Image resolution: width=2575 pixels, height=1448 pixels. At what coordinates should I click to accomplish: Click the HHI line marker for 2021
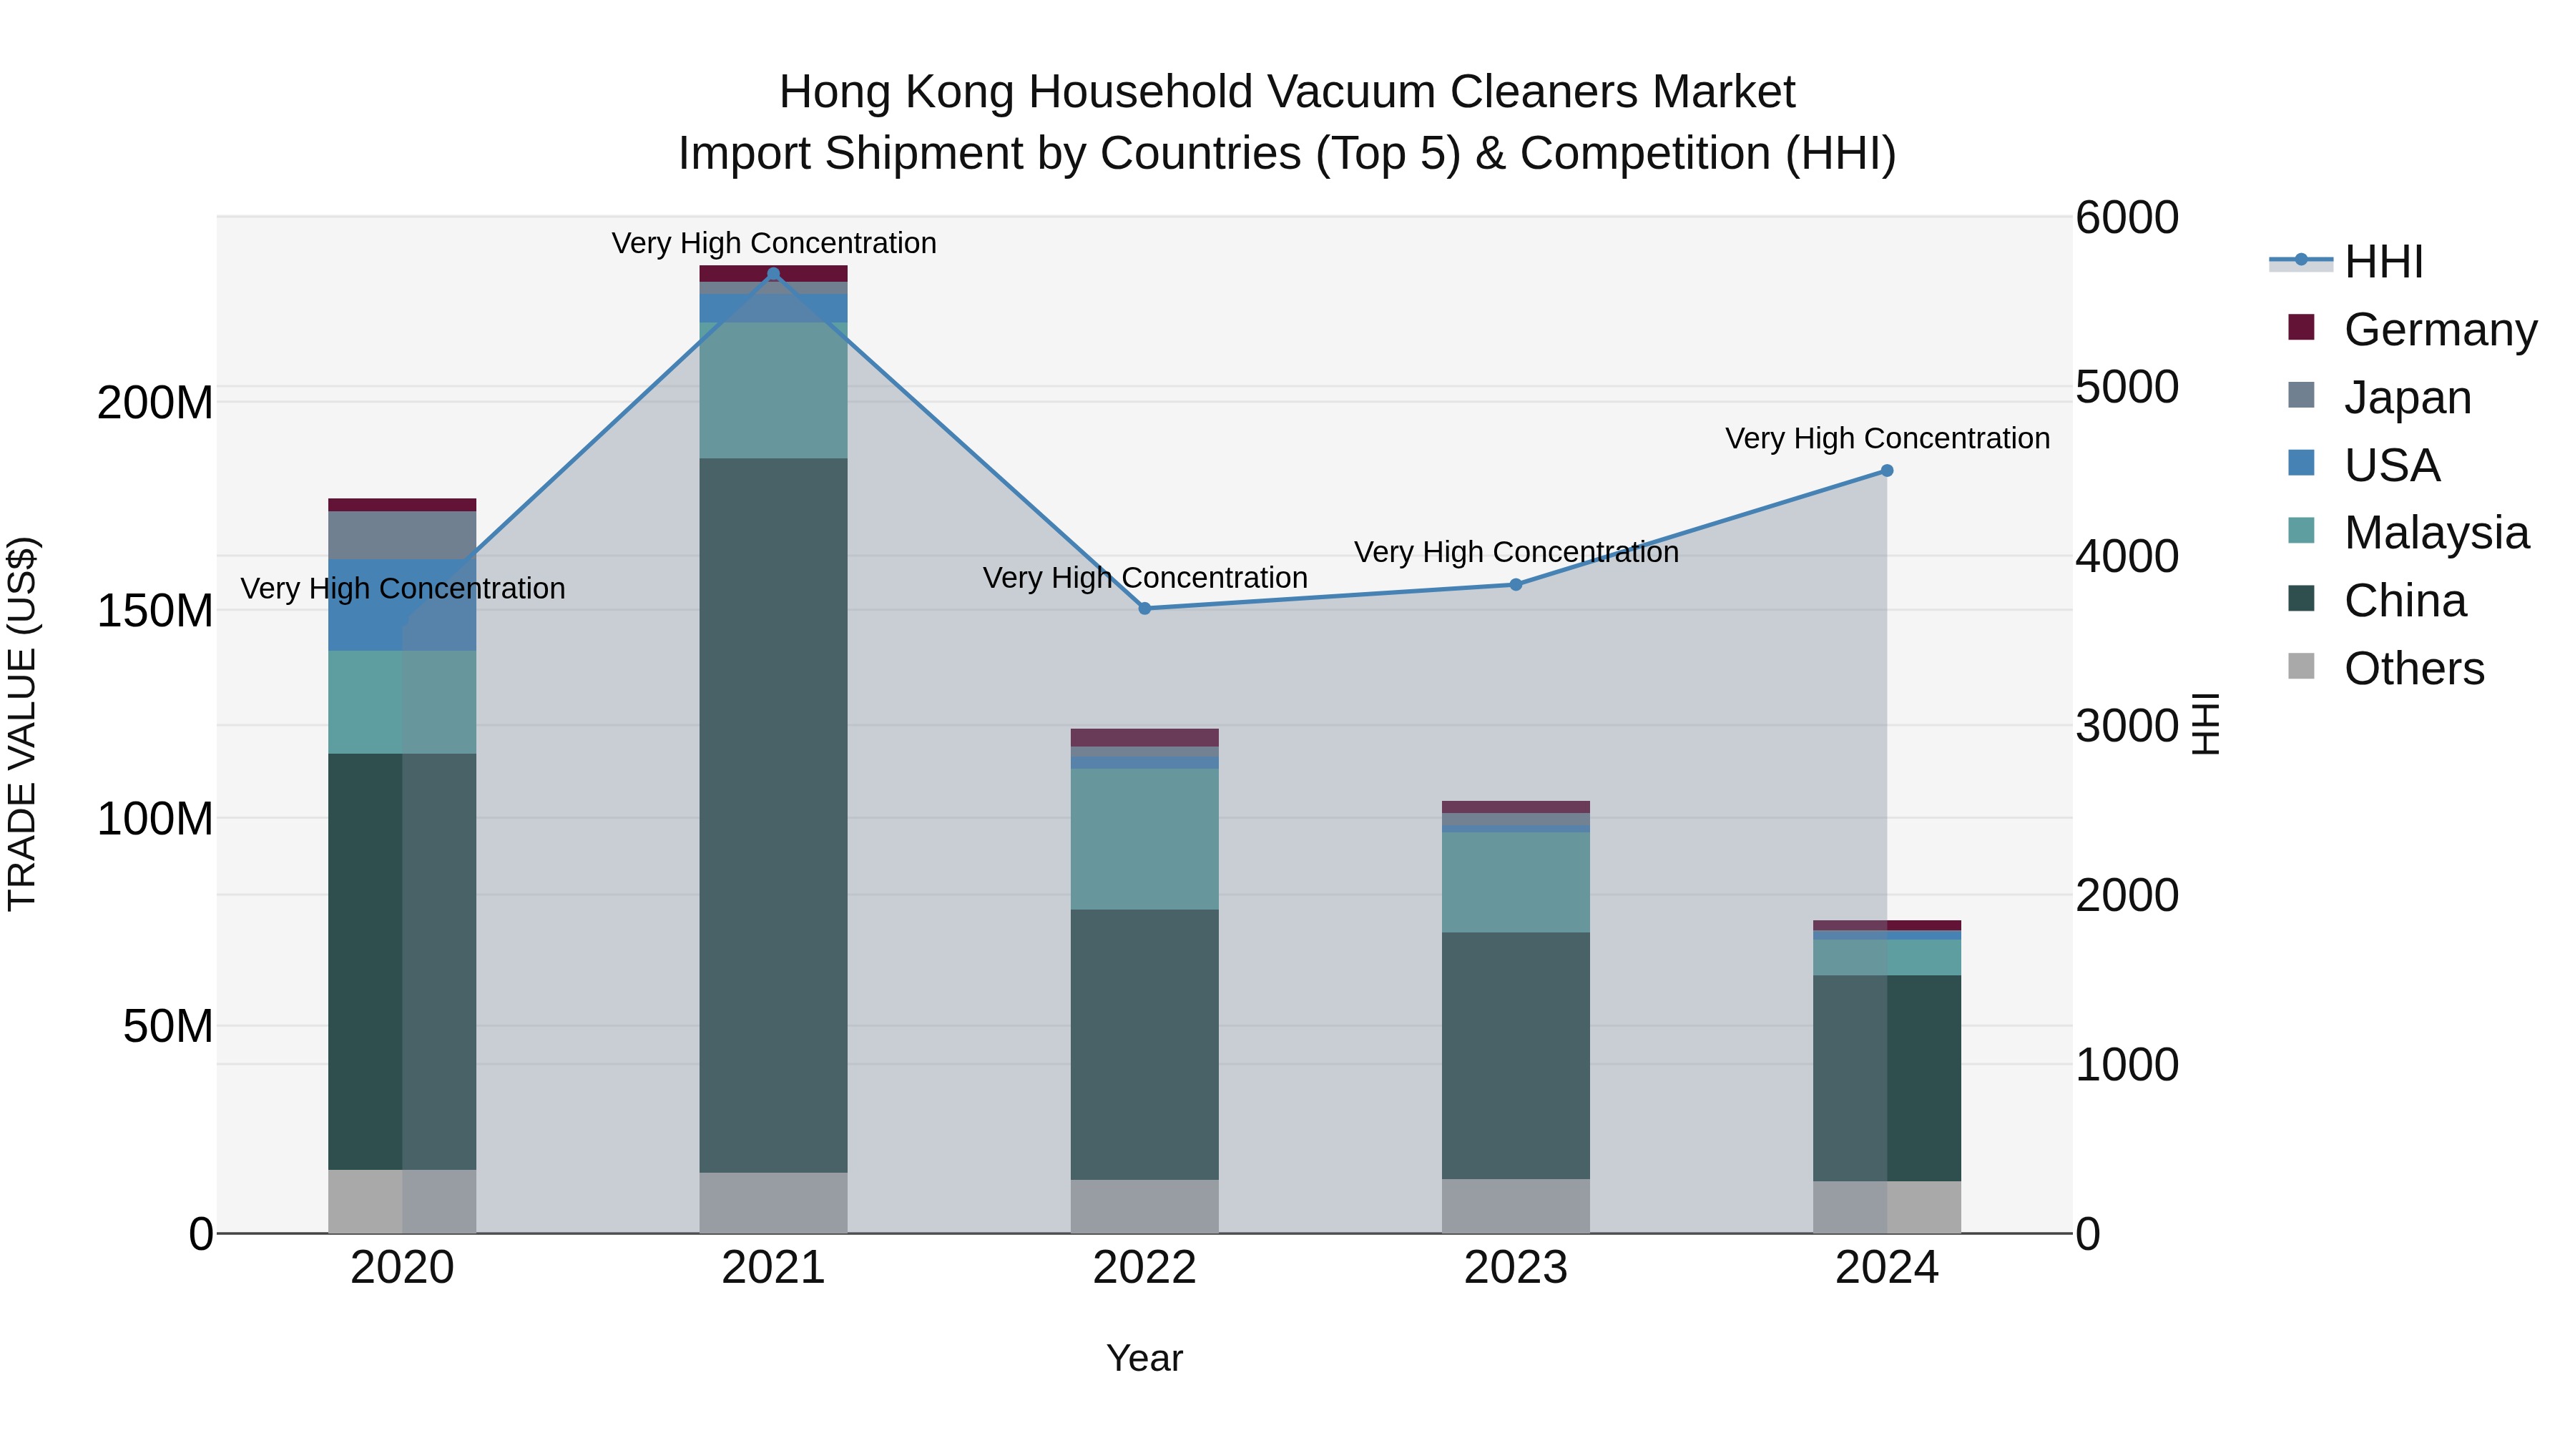(x=772, y=274)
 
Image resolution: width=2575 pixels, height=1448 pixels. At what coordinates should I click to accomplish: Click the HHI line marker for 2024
(x=1886, y=471)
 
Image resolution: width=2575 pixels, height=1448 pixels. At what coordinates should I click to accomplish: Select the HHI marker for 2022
(x=1144, y=609)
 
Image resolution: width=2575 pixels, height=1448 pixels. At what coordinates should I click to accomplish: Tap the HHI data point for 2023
(x=1516, y=585)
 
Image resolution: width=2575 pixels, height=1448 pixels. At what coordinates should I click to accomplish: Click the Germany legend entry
(x=2439, y=330)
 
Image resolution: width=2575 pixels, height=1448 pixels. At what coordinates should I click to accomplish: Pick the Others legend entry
(x=2413, y=669)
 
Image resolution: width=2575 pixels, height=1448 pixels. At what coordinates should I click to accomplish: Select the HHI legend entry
(x=2383, y=262)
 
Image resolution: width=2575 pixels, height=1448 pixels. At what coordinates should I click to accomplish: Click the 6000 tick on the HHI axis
(x=2127, y=218)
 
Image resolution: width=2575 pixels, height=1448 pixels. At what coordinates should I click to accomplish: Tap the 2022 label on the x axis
(x=1144, y=1268)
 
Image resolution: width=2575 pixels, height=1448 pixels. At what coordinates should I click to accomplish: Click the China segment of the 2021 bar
(x=772, y=814)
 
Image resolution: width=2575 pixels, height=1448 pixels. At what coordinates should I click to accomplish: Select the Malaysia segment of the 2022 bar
(x=1144, y=839)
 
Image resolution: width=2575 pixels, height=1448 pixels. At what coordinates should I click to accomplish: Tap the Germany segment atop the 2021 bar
(x=772, y=273)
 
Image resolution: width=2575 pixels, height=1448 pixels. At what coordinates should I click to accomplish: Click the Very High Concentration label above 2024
(x=1886, y=439)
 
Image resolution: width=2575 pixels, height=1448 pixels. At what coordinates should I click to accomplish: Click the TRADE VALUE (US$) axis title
(x=22, y=724)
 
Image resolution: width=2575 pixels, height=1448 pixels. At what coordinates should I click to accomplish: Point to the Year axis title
(x=1144, y=1358)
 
